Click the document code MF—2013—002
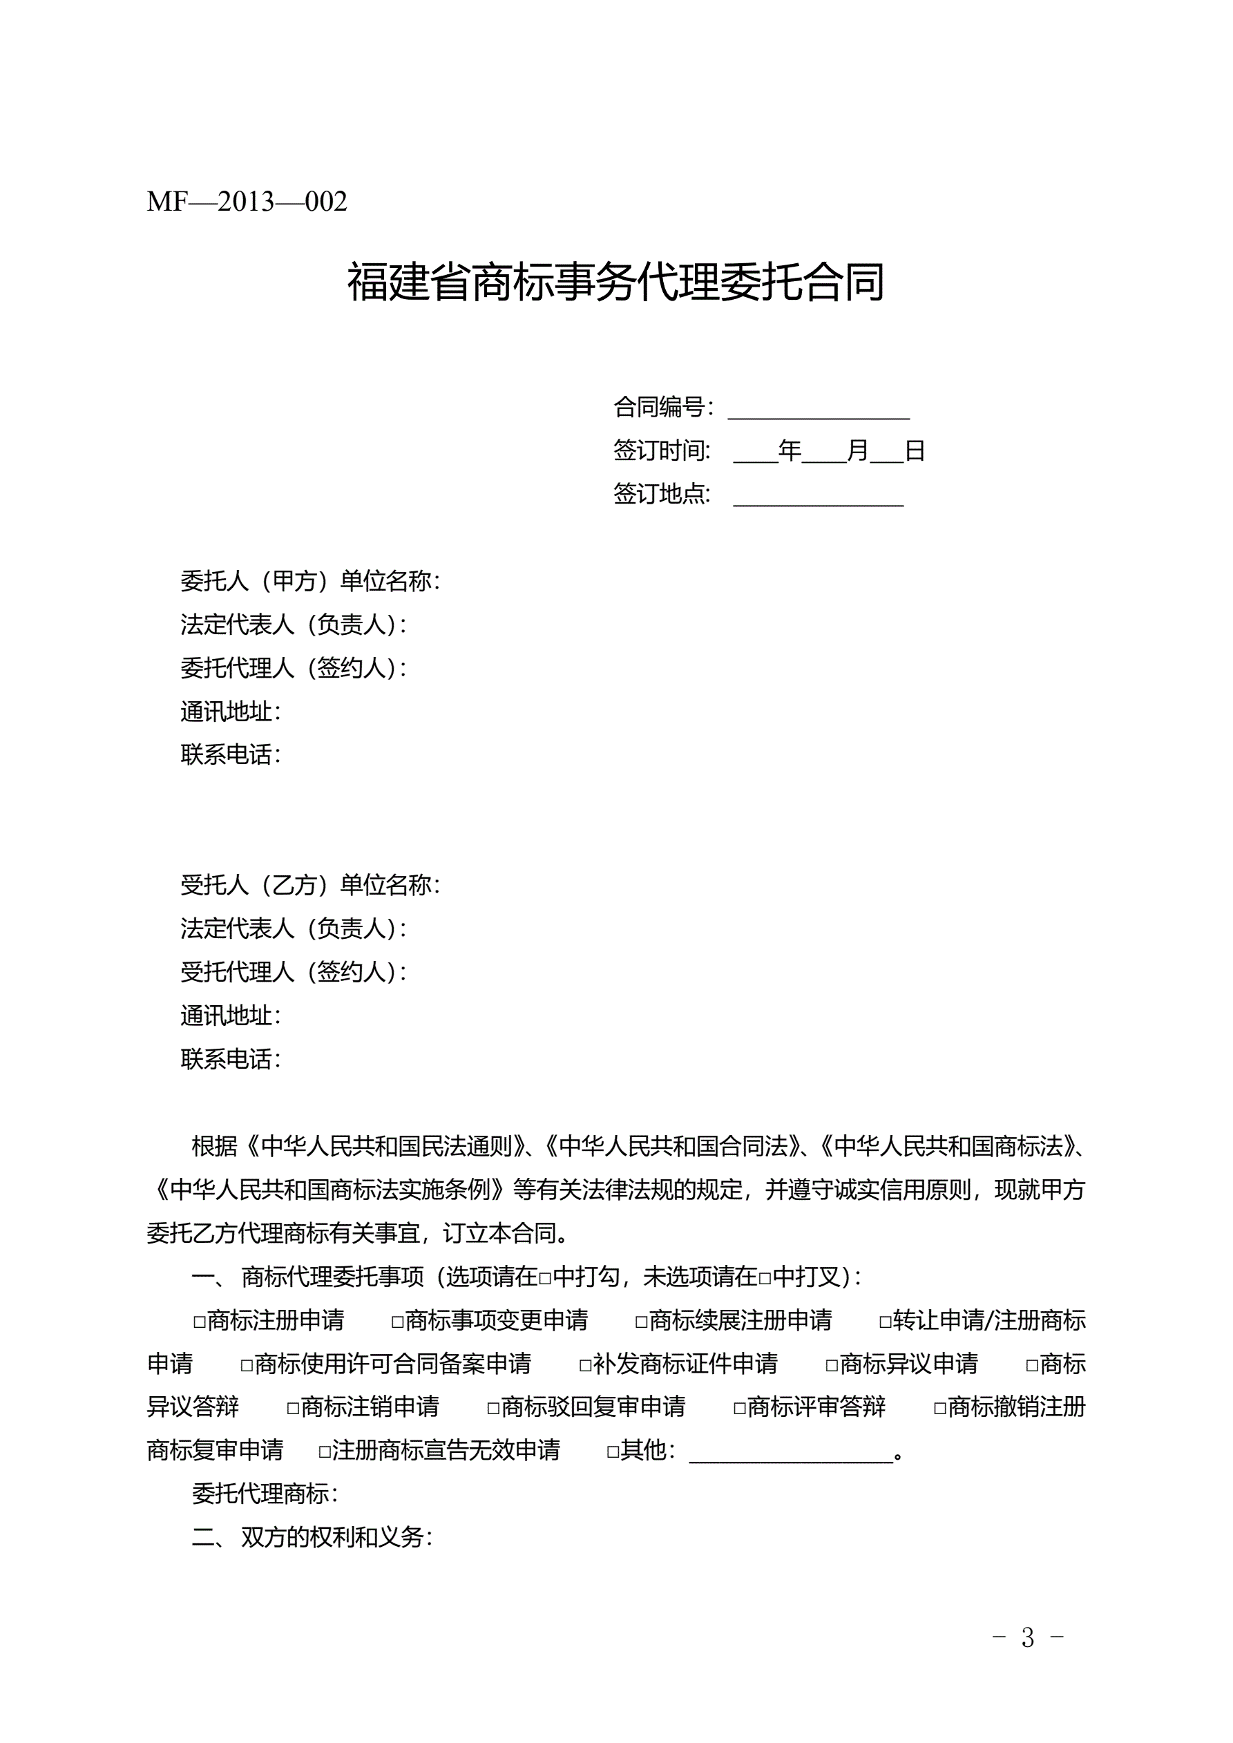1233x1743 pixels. pyautogui.click(x=247, y=202)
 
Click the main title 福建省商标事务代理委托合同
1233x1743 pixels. pyautogui.click(x=615, y=282)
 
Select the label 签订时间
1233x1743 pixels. pyautogui.click(x=661, y=451)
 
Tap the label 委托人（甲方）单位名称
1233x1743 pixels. pyautogui.click(x=309, y=582)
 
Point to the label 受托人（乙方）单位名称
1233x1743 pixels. pyautogui.click(x=309, y=885)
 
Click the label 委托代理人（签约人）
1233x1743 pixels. pyautogui.click(x=293, y=669)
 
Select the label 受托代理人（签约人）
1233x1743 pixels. pyautogui.click(x=293, y=973)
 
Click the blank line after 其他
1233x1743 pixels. pyautogui.click(x=791, y=1454)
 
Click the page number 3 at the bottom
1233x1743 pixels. pyautogui.click(x=1028, y=1637)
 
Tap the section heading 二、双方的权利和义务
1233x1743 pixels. pyautogui.click(x=312, y=1537)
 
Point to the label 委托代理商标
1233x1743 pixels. pyautogui.click(x=264, y=1494)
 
